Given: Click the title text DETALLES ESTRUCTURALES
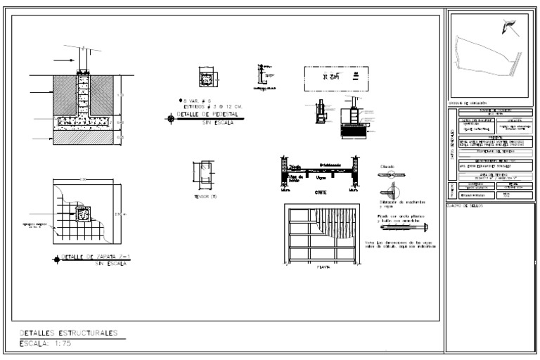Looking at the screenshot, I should point(68,333).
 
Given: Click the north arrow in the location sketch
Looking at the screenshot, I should point(509,27).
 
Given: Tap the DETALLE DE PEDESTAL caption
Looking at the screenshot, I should point(208,114).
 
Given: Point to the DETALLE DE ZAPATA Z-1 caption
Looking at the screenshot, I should point(98,257).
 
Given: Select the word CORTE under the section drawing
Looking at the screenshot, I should point(320,192).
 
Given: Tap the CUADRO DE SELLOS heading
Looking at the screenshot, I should point(464,206).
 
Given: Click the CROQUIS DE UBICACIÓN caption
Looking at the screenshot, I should point(467,103).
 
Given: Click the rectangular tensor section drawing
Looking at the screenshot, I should point(205,174).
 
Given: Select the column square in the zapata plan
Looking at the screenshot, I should point(83,214).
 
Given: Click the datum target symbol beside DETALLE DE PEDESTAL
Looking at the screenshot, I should point(169,119).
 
